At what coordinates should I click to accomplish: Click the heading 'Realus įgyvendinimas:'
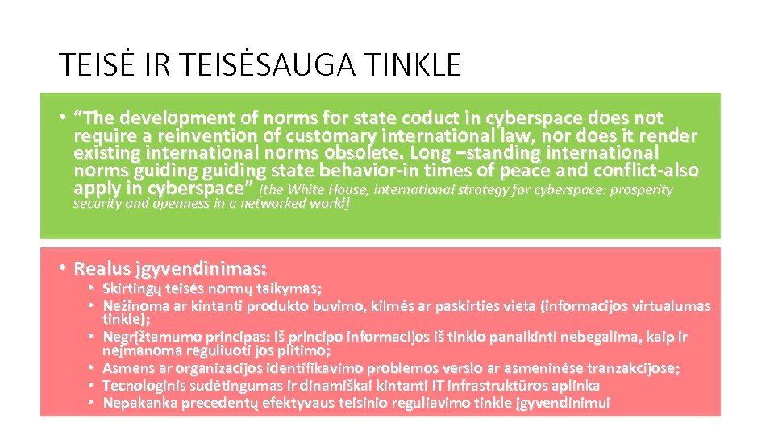(170, 267)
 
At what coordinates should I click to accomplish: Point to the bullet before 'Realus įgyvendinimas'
(62, 267)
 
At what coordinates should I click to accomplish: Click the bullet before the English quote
(62, 118)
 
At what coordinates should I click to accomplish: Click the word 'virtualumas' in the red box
(672, 306)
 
